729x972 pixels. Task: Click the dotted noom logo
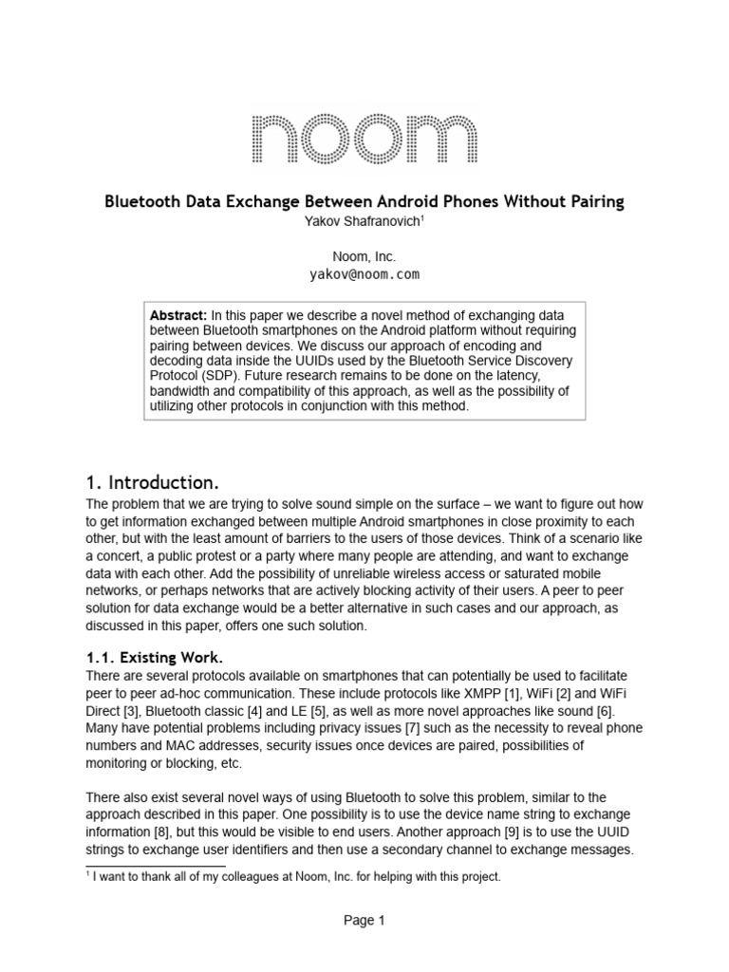(x=364, y=140)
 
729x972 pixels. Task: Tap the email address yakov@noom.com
(x=364, y=274)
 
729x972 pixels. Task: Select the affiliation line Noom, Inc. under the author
(x=364, y=256)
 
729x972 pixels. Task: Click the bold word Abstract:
(x=179, y=314)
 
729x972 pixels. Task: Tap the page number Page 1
(x=364, y=920)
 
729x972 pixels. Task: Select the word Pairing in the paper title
(x=592, y=201)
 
